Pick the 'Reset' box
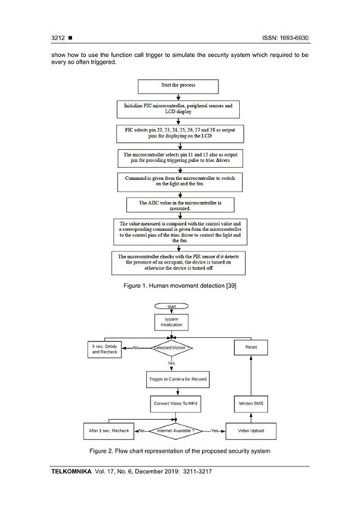[x=251, y=347]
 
